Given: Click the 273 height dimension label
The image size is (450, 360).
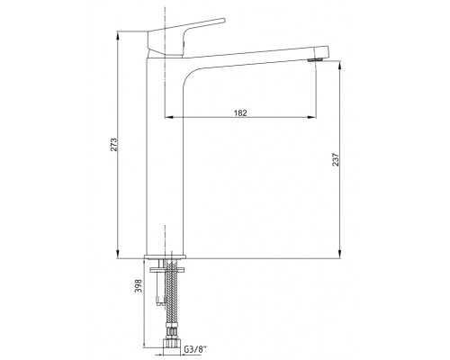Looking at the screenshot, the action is tap(113, 145).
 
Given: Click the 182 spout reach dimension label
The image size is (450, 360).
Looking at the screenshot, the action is tap(240, 112).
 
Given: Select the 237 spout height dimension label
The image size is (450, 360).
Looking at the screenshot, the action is tap(336, 159).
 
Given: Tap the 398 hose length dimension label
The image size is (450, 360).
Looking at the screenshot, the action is tap(138, 286).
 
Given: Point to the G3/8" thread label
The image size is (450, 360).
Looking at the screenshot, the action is tap(196, 349).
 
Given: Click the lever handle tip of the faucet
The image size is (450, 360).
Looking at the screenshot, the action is tap(223, 20).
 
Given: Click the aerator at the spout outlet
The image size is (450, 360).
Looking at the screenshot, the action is tap(315, 60).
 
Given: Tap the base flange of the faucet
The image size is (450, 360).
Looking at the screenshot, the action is tap(166, 256).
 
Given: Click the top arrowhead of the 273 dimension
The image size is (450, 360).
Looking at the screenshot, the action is tap(118, 34).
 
